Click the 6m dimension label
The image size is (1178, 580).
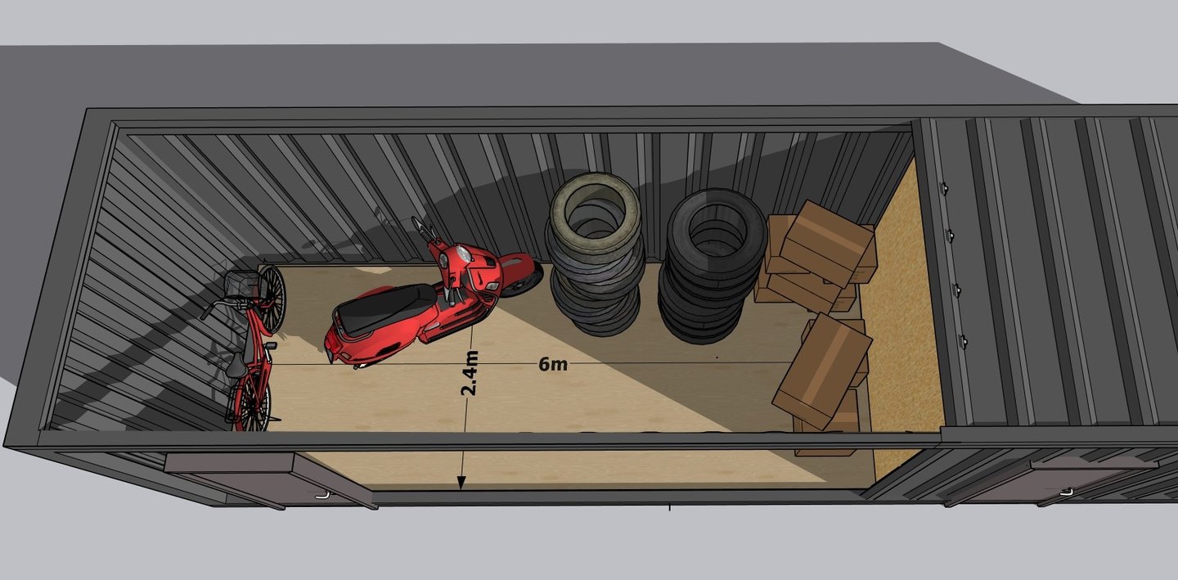click(x=553, y=364)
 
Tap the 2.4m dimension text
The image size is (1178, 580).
click(x=469, y=373)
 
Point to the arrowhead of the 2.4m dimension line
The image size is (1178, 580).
click(x=461, y=483)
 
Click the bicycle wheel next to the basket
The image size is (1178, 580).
click(x=272, y=299)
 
